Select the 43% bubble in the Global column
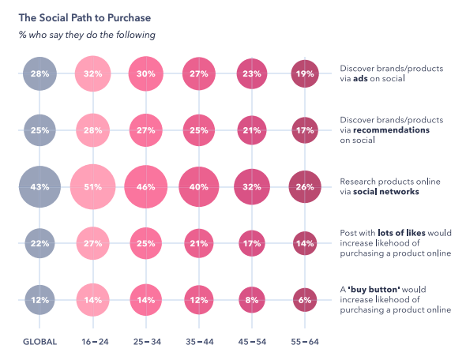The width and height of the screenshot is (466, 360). [x=40, y=187]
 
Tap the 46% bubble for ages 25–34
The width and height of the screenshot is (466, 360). [x=145, y=187]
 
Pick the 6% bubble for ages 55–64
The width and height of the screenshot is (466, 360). [x=305, y=299]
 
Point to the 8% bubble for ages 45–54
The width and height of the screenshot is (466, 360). [x=252, y=299]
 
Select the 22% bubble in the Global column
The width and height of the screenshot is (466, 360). [x=40, y=243]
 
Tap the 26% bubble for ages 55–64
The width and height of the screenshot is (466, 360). [x=305, y=187]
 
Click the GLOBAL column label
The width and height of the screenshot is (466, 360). [x=40, y=342]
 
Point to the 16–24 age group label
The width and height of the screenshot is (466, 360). [x=94, y=342]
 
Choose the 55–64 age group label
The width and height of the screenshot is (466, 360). [x=305, y=342]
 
